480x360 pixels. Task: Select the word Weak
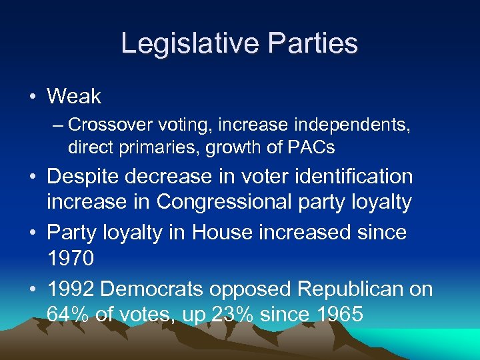tap(74, 97)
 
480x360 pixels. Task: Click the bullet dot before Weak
tap(33, 97)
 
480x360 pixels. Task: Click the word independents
tap(361, 125)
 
